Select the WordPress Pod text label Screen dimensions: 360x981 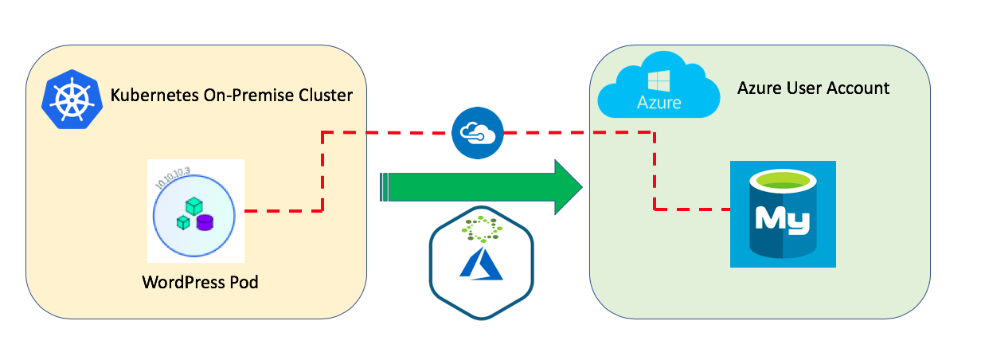pos(200,282)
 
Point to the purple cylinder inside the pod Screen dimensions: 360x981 pos(205,221)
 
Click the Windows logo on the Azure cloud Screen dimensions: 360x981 pos(658,80)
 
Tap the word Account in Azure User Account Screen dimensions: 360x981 pos(857,88)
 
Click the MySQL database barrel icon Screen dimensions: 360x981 pos(782,214)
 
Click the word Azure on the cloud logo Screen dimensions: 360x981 pos(658,103)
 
